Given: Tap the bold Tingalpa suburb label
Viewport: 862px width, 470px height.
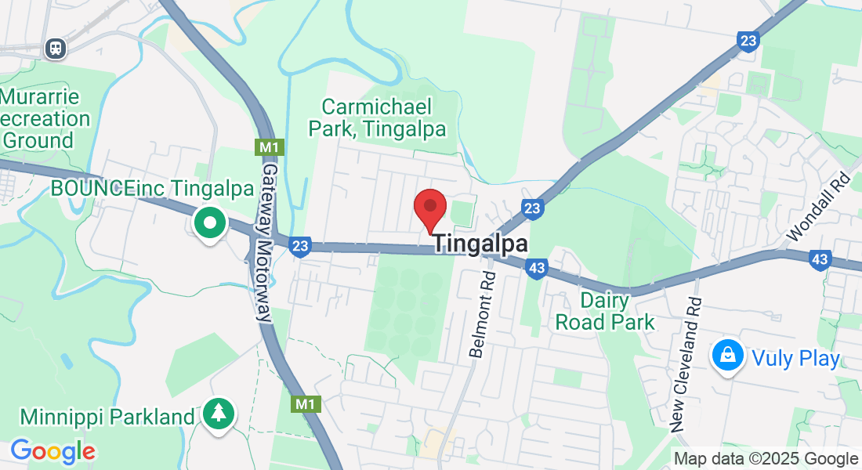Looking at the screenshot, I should pyautogui.click(x=480, y=244).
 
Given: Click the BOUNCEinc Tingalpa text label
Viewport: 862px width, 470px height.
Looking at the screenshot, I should pyautogui.click(x=152, y=189).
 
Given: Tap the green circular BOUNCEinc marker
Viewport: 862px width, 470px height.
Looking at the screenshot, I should pyautogui.click(x=209, y=224).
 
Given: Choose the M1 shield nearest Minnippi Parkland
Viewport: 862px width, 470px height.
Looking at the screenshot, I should pyautogui.click(x=305, y=404).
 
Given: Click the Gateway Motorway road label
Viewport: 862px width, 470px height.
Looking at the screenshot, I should pyautogui.click(x=267, y=243).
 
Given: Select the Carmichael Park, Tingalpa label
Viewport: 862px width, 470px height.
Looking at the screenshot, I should pyautogui.click(x=377, y=118).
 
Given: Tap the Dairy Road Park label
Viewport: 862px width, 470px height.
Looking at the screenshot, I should pyautogui.click(x=605, y=310).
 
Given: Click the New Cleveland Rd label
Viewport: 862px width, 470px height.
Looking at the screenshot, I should pyautogui.click(x=684, y=364).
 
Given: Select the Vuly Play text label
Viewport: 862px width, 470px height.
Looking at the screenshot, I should pyautogui.click(x=795, y=359).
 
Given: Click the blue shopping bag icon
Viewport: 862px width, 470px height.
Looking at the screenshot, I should pyautogui.click(x=728, y=356).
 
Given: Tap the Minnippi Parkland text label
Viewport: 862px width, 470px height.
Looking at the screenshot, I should pyautogui.click(x=107, y=416).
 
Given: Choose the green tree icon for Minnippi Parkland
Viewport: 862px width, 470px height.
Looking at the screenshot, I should pyautogui.click(x=219, y=412).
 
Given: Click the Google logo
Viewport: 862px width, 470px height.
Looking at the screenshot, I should pyautogui.click(x=53, y=451).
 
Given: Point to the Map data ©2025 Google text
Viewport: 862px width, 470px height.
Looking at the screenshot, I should pyautogui.click(x=766, y=459).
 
